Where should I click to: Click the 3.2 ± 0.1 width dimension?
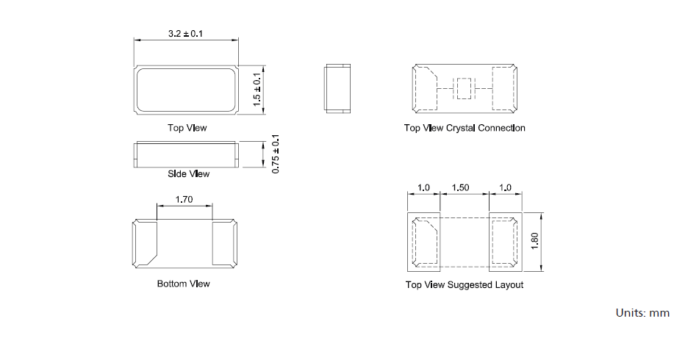click(x=186, y=34)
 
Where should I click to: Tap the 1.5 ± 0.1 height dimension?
click(x=257, y=90)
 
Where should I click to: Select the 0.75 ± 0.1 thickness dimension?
click(x=276, y=154)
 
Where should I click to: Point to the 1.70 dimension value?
click(x=184, y=199)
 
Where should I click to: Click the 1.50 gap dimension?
click(x=460, y=187)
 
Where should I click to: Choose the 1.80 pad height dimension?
click(x=535, y=241)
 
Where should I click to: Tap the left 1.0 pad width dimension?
click(x=423, y=187)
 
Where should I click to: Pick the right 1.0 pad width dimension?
click(x=505, y=187)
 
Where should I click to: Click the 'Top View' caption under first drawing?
click(x=187, y=128)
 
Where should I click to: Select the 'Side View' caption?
click(x=188, y=173)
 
